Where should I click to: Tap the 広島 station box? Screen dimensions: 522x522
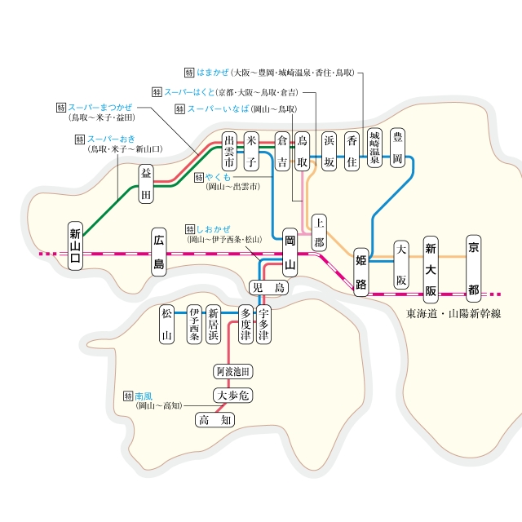158,252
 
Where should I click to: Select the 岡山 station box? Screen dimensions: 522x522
290,253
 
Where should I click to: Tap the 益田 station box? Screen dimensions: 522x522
146,184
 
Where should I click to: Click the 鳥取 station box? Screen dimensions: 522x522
303,151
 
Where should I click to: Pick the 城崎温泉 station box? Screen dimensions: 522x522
374,148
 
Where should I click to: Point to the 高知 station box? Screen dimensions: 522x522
215,421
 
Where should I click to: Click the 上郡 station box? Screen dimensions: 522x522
319,232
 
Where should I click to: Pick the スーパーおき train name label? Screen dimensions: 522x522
112,139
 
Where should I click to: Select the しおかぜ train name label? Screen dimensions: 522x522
214,230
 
